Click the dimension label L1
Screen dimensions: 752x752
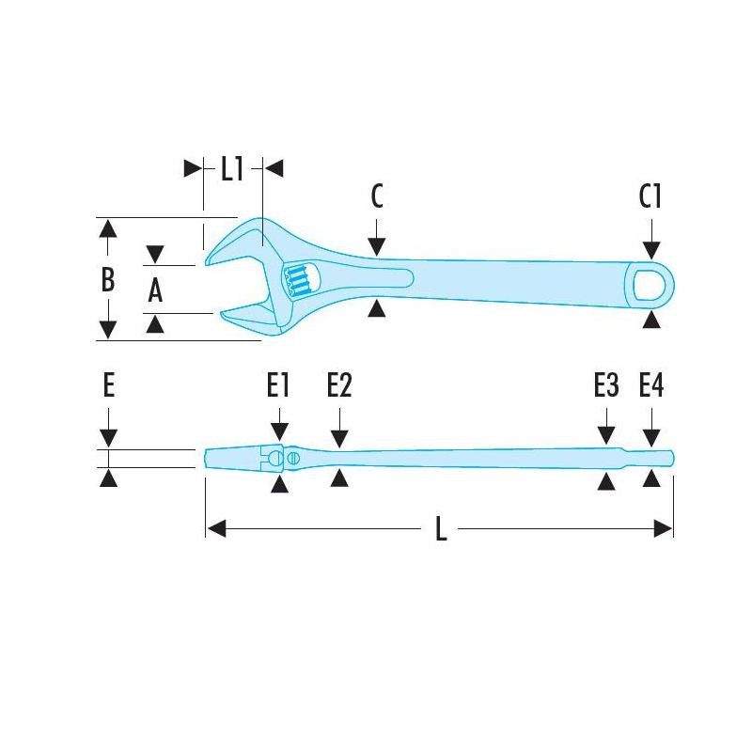coord(232,169)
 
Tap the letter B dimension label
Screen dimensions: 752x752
coord(108,280)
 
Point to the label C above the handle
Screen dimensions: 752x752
coord(376,196)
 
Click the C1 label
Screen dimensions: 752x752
coord(650,196)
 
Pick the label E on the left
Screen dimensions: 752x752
coord(109,386)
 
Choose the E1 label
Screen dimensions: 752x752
coord(278,386)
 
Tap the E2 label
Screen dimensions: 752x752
coord(339,386)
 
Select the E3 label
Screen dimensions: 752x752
coord(606,386)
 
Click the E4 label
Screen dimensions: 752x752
coord(651,386)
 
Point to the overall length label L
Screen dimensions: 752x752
coord(440,529)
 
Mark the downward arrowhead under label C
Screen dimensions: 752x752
coord(376,247)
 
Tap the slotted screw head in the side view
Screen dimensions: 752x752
coord(293,458)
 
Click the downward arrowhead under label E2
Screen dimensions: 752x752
coord(339,437)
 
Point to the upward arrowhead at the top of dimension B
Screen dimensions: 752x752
coord(108,228)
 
